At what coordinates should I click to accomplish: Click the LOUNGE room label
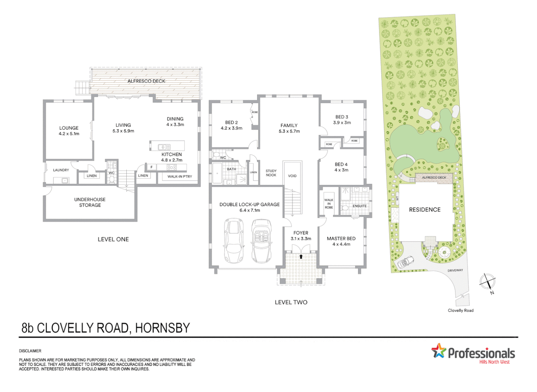click(69, 128)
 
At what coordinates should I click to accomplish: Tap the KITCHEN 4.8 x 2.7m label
click(172, 157)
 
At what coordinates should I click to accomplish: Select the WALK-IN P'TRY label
click(179, 177)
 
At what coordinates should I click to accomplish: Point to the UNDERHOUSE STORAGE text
click(90, 202)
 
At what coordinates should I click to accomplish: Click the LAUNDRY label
click(61, 170)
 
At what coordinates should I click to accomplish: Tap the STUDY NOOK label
click(271, 173)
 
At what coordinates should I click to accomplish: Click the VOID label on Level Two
click(292, 176)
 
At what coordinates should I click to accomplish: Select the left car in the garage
click(234, 240)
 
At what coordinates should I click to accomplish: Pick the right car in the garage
click(261, 240)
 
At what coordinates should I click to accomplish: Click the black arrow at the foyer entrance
click(301, 257)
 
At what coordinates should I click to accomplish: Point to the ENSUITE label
click(359, 206)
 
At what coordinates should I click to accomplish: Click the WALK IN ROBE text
click(329, 204)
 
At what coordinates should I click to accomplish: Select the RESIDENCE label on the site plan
click(424, 210)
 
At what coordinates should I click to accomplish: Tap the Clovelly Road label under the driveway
click(460, 310)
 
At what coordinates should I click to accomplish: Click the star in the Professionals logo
click(439, 351)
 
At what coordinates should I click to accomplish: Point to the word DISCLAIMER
click(30, 351)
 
